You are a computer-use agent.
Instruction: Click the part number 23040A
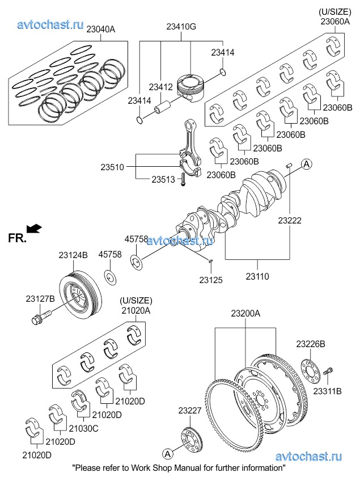tap(100, 29)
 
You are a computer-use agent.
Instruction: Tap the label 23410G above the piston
tap(181, 27)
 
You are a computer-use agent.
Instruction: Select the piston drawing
tap(190, 88)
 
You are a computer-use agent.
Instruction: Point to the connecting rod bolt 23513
tap(183, 179)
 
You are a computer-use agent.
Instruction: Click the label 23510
tap(112, 167)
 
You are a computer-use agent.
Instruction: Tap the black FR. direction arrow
tap(34, 229)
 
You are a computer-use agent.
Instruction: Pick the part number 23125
tap(211, 280)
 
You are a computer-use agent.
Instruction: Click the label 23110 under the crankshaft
tap(257, 276)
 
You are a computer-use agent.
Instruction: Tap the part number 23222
tap(290, 221)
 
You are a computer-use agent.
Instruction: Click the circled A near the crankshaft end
tap(306, 164)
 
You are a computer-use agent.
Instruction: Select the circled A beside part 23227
tap(167, 454)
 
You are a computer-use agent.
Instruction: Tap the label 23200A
tap(245, 314)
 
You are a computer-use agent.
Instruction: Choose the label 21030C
tap(83, 428)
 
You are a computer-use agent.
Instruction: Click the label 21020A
tap(136, 310)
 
